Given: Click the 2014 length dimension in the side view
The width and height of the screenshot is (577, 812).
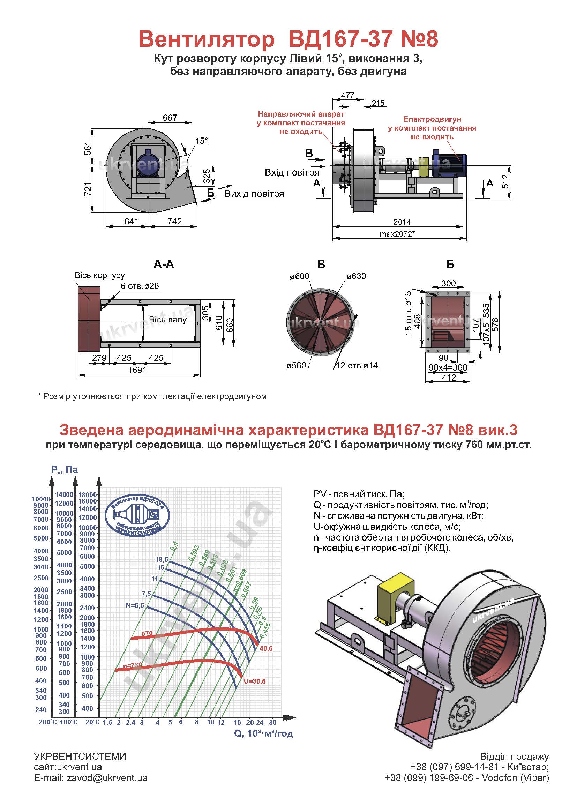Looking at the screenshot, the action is pos(402,222).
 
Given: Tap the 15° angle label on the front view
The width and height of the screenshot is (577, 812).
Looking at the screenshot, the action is pos(201,141).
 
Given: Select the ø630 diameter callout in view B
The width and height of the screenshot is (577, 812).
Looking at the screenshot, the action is pos(357,276).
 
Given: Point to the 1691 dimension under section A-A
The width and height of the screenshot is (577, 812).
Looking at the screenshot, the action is pos(137,370).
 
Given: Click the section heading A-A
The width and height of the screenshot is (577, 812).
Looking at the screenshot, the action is pos(164,264).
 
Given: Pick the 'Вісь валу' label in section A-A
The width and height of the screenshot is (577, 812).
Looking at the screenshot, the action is pos(168,320).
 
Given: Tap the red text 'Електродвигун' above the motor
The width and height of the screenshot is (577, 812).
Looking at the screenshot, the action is pos(432,119).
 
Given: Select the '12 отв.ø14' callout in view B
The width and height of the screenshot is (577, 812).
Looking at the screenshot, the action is pos(357,366).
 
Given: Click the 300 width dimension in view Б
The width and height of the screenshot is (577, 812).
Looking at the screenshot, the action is pos(448,283).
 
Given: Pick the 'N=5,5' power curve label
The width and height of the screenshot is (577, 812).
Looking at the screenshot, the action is pos(135,605).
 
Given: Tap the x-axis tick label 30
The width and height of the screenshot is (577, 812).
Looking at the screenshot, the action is pos(272,722).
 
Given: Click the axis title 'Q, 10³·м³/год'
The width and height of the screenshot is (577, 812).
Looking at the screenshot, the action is pos(263,733).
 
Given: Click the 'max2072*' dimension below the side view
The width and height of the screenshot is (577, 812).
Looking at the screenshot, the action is pos(397,234).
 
